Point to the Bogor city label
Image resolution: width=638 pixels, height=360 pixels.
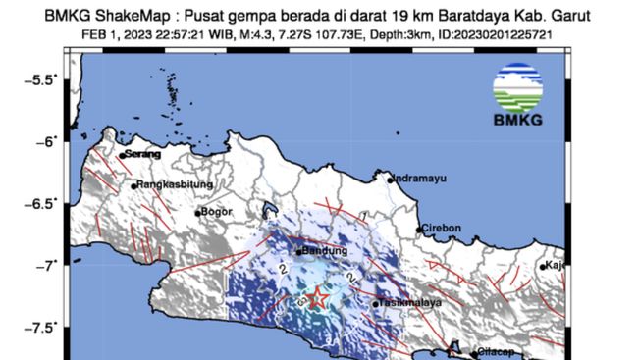(x=214, y=211)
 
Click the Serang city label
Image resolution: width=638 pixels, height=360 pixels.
(x=139, y=154)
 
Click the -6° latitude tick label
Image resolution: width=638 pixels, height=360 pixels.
(x=49, y=141)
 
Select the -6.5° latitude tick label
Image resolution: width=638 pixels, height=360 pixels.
(x=44, y=203)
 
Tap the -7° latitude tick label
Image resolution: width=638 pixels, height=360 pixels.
(x=49, y=265)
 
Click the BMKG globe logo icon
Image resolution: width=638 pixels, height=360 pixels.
(x=516, y=87)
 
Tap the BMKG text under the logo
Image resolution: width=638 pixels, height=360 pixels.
(x=516, y=122)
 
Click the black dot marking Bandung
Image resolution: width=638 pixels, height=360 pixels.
(x=298, y=252)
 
